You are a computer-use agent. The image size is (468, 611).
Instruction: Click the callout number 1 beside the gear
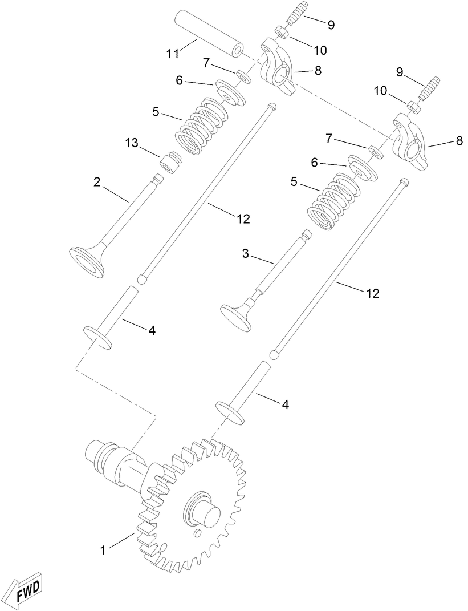(x=103, y=551)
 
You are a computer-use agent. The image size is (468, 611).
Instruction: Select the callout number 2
(x=97, y=183)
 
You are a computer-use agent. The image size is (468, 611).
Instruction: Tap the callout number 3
(x=246, y=254)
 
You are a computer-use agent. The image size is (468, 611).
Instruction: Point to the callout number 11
(x=173, y=54)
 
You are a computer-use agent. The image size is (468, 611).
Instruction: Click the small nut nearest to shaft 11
(x=280, y=31)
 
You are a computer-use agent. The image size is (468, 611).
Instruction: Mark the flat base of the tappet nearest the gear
(x=231, y=412)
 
